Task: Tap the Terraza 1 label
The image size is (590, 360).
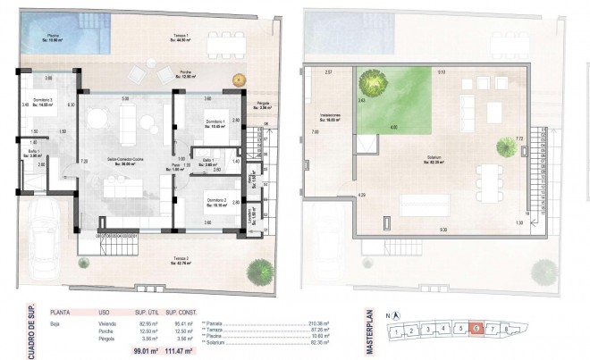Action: coord(186,37)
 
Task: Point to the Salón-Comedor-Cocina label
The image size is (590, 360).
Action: coord(125,161)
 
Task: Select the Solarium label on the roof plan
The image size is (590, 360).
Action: coord(435,160)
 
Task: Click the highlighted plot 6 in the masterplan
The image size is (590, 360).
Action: coord(476,330)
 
